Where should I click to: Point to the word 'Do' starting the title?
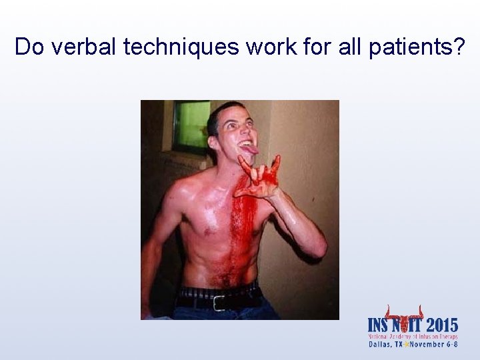pyautogui.click(x=28, y=47)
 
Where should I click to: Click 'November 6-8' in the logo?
pyautogui.click(x=433, y=345)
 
